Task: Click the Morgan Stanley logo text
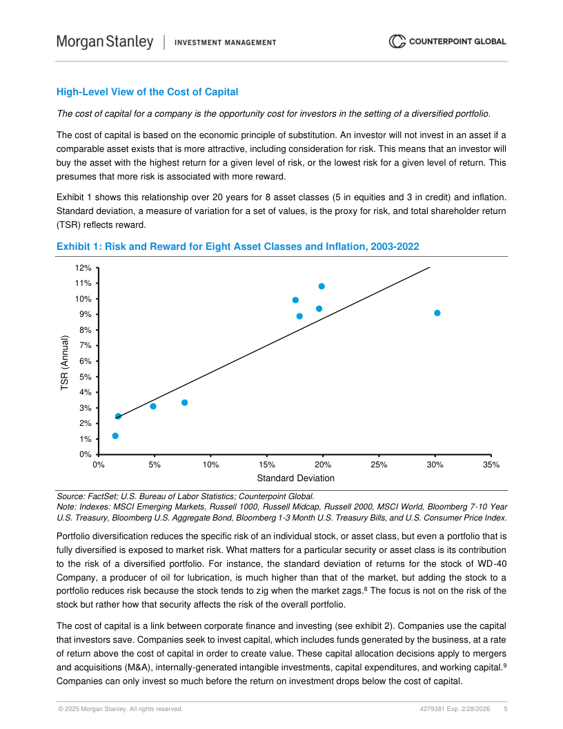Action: (x=105, y=42)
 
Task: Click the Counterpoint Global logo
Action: (x=447, y=41)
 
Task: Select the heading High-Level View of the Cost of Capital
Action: (x=147, y=92)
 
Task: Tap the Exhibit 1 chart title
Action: (x=237, y=246)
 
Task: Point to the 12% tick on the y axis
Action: (x=83, y=268)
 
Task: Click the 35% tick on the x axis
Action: (x=491, y=465)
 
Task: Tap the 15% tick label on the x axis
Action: (x=266, y=465)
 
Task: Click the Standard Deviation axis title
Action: (x=295, y=478)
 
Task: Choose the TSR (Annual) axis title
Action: (x=65, y=364)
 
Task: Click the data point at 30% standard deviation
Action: (x=437, y=313)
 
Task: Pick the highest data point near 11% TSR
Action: (x=322, y=286)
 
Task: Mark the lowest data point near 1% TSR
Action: (x=115, y=436)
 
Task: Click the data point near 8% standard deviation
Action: (x=184, y=402)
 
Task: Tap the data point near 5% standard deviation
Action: (x=153, y=406)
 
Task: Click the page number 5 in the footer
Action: (x=506, y=709)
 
